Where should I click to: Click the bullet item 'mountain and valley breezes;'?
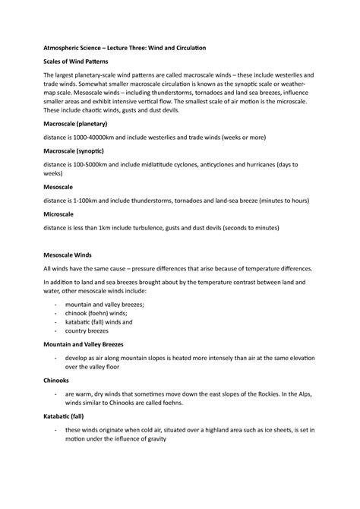pos(104,304)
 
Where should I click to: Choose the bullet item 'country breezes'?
pos(89,331)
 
